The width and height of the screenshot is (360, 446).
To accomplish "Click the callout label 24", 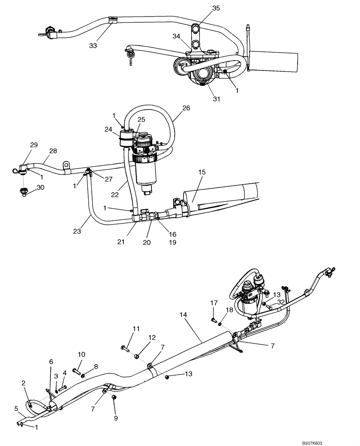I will coord(109,130).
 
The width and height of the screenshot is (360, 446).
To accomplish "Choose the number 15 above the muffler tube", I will coord(201,172).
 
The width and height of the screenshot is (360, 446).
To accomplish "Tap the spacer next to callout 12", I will coord(138,356).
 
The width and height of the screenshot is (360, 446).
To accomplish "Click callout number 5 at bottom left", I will coord(16,408).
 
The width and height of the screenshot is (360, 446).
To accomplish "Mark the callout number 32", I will coord(280,301).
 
